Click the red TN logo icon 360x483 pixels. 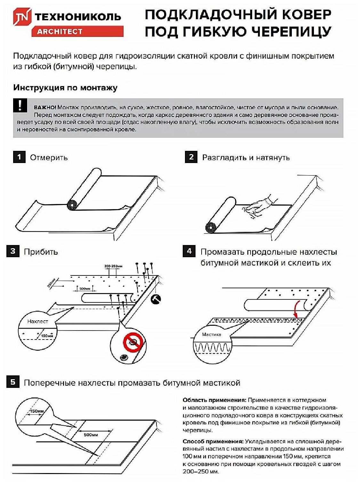point(22,17)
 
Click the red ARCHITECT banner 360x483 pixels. point(77,31)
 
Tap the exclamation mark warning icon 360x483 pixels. point(20,106)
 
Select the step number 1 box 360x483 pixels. point(19,157)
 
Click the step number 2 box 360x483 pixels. point(191,157)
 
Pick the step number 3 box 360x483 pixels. point(13,251)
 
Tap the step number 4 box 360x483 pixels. point(189,251)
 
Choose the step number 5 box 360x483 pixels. point(13,382)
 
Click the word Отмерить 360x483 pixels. point(49,158)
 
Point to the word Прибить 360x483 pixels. point(41,252)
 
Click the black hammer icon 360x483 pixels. point(156,299)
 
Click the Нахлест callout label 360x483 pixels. point(37,321)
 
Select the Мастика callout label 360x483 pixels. point(212,334)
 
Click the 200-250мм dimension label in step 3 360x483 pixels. point(113,266)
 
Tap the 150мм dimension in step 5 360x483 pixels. point(37,411)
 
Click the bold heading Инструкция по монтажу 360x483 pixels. point(65,88)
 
